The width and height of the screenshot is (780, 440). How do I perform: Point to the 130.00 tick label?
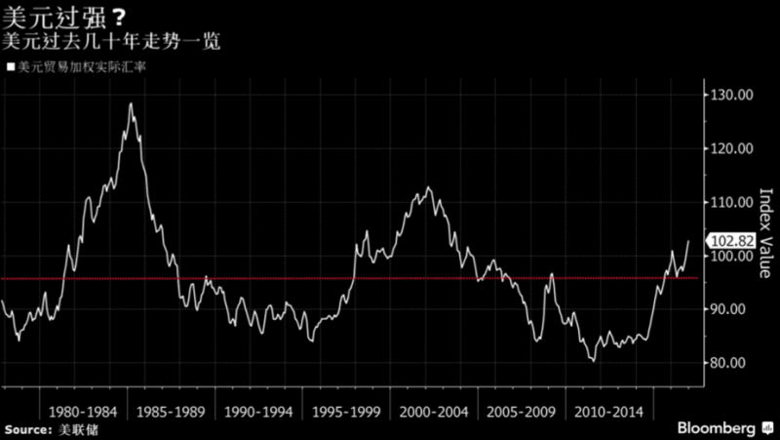click(731, 96)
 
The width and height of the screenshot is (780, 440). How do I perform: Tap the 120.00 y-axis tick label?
click(731, 149)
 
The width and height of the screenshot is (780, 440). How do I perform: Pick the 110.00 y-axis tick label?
click(731, 203)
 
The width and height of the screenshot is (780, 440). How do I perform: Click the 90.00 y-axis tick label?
click(731, 309)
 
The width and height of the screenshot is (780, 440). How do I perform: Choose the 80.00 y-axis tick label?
click(731, 363)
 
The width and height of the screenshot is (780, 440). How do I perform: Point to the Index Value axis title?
click(765, 234)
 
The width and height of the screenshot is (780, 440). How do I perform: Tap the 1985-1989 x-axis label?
click(170, 411)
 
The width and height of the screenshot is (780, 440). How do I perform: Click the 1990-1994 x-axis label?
click(257, 411)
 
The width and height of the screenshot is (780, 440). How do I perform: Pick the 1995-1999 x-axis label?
click(346, 411)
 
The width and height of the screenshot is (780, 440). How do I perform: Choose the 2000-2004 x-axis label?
click(434, 411)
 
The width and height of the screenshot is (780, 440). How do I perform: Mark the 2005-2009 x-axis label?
click(523, 411)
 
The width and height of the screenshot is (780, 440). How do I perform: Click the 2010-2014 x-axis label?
click(610, 411)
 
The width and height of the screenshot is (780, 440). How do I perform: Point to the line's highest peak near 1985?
click(130, 103)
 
